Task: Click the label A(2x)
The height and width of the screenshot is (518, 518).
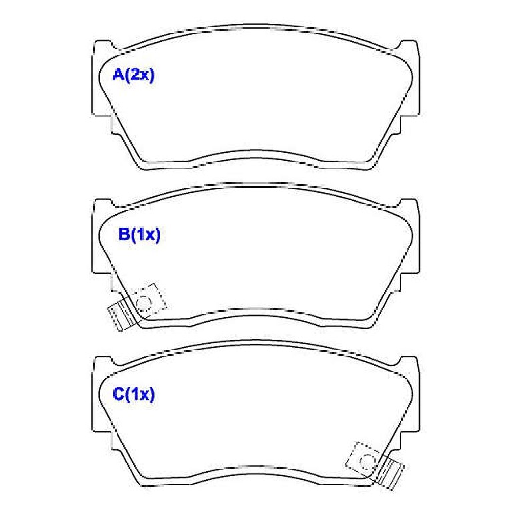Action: (134, 75)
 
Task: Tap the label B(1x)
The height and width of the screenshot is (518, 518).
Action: (140, 234)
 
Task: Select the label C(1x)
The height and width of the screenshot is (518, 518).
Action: (134, 394)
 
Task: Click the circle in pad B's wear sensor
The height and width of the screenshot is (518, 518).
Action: (144, 303)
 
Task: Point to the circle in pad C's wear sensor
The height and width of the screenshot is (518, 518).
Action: (367, 461)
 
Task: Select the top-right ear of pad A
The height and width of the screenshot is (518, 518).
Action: (407, 46)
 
